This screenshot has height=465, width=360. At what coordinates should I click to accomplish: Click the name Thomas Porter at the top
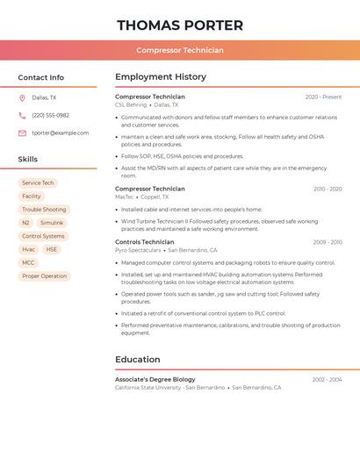pos(180,25)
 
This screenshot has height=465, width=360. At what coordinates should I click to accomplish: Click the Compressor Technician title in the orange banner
pos(180,50)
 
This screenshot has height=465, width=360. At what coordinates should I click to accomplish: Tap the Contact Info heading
pos(41,77)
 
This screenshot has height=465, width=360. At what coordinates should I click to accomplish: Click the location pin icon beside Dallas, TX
pos(22,98)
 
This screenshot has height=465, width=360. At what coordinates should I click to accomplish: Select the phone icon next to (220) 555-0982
pos(22,116)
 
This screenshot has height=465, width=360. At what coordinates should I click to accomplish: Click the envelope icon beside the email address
pos(22,133)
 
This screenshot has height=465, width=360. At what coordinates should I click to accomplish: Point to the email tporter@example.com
pos(60,133)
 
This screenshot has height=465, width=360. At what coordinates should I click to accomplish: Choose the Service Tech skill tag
pos(38,183)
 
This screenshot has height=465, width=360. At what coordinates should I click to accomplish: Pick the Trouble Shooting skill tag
pos(44,210)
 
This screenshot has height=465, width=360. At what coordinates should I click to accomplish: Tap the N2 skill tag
pos(25,223)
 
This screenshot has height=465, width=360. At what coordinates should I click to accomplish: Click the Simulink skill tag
pos(52,223)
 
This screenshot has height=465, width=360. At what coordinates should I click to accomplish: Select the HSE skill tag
pos(52,249)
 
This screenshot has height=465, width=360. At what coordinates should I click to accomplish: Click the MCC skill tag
pos(28,262)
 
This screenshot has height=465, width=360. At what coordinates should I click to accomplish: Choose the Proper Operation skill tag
pos(44,275)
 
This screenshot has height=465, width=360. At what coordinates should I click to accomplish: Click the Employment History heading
pos(161,77)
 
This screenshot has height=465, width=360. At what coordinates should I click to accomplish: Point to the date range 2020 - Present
pos(323,97)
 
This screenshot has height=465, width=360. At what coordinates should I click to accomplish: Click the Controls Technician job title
pos(145,242)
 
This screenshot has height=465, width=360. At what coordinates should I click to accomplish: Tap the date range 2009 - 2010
pos(328,242)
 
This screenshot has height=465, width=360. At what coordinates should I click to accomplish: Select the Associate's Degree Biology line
pos(155,380)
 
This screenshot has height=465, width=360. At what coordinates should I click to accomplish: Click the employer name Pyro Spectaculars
pos(138,250)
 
